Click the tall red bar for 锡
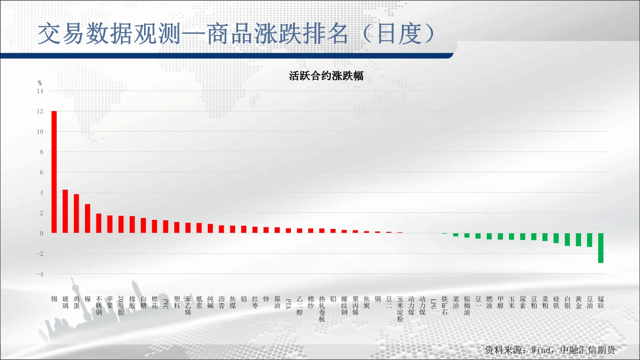pos(54,172)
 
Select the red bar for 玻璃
pos(65,211)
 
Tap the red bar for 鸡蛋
pos(76,214)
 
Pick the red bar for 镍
pos(87,218)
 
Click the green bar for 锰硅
pos(601,248)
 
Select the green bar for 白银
pos(568,240)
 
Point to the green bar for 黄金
pos(579,240)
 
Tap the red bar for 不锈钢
pos(98,223)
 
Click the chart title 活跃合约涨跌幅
pos(326,76)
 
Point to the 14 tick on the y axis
pos(40,91)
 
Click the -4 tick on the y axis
pos(40,274)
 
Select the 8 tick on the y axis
pos(42,152)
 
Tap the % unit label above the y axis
pos(40,83)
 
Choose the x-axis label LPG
pos(433,304)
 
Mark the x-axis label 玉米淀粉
pos(400,309)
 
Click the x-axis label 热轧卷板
pos(322,309)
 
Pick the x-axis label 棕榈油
pos(467,306)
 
